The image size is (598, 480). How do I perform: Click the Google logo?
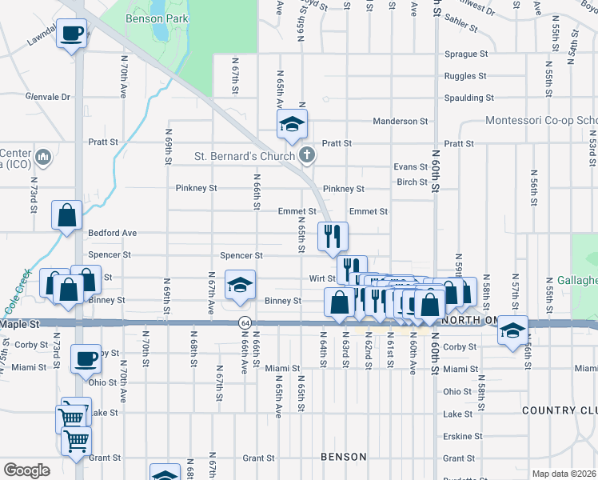click(26, 470)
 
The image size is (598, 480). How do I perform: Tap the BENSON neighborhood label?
click(343, 457)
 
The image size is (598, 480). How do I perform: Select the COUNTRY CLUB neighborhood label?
click(559, 410)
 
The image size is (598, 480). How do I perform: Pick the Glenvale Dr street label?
click(48, 97)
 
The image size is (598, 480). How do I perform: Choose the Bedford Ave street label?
click(113, 233)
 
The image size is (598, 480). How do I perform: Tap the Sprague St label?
click(467, 54)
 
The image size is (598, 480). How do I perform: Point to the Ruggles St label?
click(466, 77)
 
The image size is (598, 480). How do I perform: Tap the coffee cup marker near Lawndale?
click(71, 34)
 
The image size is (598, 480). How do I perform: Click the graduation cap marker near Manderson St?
click(292, 124)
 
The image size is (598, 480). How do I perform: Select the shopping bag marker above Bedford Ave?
click(66, 214)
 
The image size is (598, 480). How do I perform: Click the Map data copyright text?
click(563, 474)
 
